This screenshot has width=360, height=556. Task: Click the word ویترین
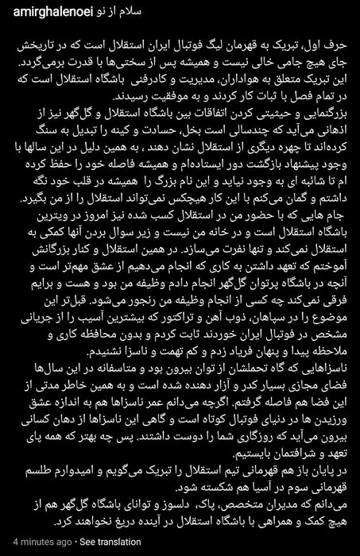27,236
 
